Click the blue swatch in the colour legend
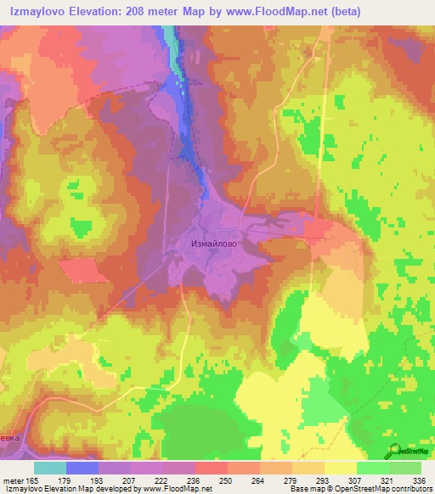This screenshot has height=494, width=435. (x=82, y=468)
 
